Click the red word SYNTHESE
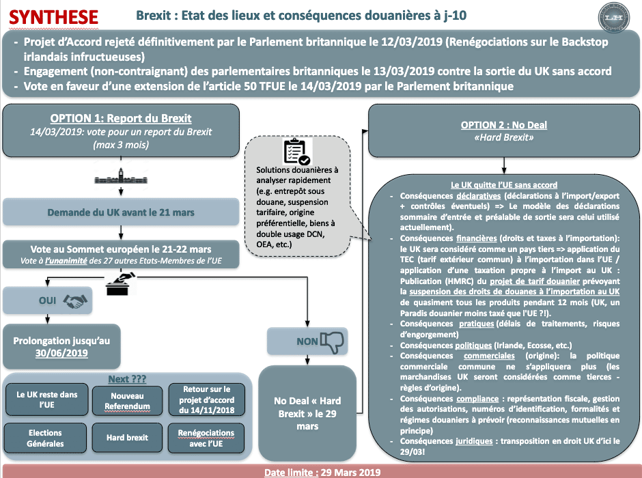pos(53,17)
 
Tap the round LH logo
pos(613,18)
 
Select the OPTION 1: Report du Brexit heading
pos(121,118)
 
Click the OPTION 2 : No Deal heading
pos(503,125)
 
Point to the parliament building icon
pos(121,176)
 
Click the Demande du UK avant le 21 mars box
pos(121,212)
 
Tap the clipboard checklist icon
pos(297,152)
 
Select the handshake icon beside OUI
pos(75,301)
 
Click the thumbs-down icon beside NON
pos(332,341)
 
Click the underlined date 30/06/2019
pos(61,353)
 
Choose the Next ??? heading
pos(127,379)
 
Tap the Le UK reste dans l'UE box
pos(46,399)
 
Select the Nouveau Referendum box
pos(127,401)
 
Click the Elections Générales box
pos(45,438)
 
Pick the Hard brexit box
pos(127,438)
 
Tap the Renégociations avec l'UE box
pos(206,438)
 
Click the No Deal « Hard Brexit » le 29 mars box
pos(307,413)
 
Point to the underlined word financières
pos(477,238)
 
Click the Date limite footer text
pos(322,473)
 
